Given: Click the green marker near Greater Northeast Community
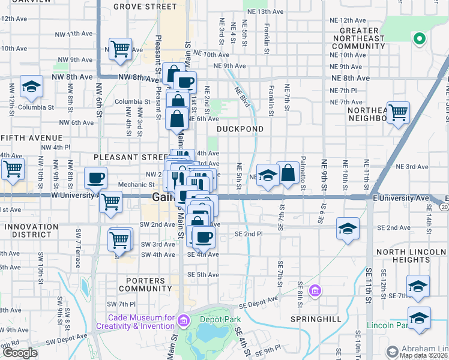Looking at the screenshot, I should tap(419, 40).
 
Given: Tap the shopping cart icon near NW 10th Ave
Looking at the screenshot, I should tap(120, 49).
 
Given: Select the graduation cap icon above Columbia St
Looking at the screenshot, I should tap(31, 86).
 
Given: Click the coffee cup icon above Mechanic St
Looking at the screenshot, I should tap(95, 178).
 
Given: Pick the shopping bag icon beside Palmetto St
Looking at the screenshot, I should tap(288, 173).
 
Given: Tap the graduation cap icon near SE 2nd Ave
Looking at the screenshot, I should tap(347, 229).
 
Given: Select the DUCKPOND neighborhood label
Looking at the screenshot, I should tap(240, 129).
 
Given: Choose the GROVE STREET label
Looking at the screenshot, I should tap(145, 7).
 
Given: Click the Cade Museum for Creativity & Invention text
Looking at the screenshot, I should tap(141, 322).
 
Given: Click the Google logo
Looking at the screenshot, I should tap(20, 353).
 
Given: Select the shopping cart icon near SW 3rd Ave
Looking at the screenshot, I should tap(119, 240).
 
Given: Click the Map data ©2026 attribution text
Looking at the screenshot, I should tap(424, 355).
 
